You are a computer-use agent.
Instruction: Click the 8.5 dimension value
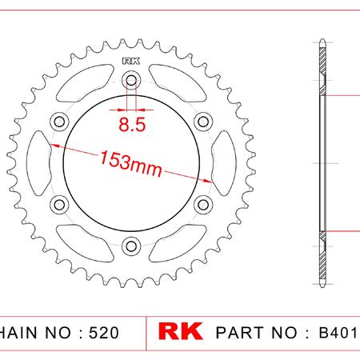tap(132, 124)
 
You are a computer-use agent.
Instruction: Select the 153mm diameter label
tap(130, 163)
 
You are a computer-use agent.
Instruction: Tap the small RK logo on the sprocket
tap(131, 62)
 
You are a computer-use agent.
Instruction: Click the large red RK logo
tap(180, 331)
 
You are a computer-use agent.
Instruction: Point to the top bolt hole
tap(131, 80)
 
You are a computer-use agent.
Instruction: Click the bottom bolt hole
tap(131, 246)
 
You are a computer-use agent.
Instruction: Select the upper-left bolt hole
tap(59, 122)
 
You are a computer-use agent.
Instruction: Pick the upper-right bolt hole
tap(203, 122)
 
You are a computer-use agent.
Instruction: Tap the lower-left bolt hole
tap(59, 205)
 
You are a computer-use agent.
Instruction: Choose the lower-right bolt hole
tap(203, 205)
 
